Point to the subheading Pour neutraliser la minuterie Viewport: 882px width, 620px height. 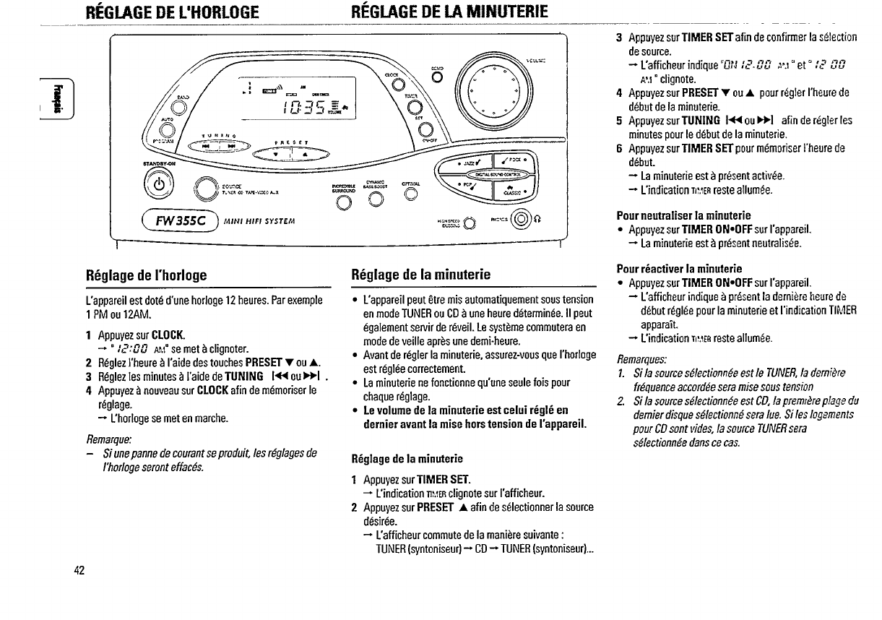click(683, 215)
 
